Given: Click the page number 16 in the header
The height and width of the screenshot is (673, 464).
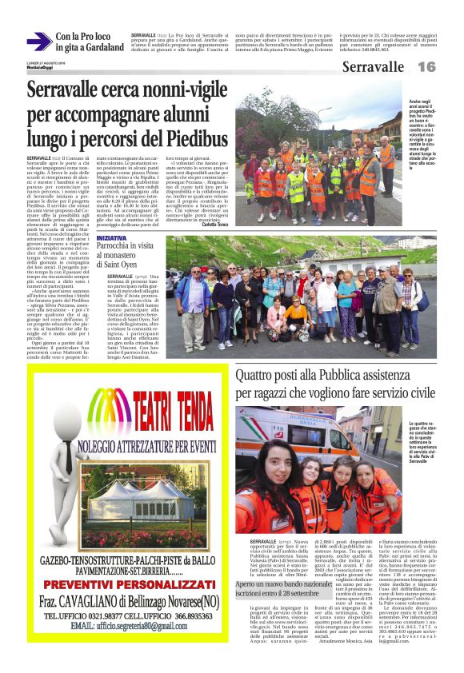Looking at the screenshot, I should point(426,67).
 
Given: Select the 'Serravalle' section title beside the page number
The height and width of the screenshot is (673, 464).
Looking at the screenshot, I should point(373,67).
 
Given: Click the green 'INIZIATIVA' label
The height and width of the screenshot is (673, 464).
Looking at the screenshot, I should point(110,238).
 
